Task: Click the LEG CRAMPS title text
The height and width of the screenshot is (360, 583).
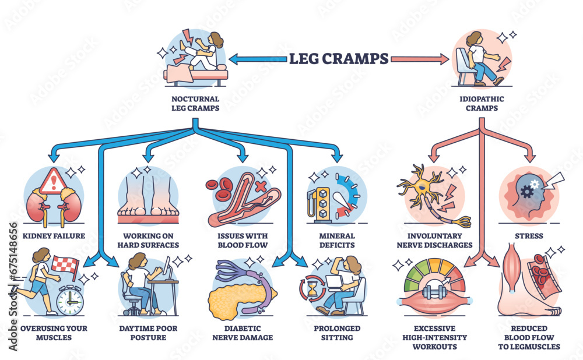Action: click(x=339, y=58)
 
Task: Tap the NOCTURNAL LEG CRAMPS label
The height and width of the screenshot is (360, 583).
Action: click(x=195, y=103)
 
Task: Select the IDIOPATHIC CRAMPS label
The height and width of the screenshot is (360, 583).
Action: click(x=481, y=103)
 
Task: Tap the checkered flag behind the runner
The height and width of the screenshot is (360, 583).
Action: click(x=65, y=265)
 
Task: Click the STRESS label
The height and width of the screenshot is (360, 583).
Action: click(x=530, y=237)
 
